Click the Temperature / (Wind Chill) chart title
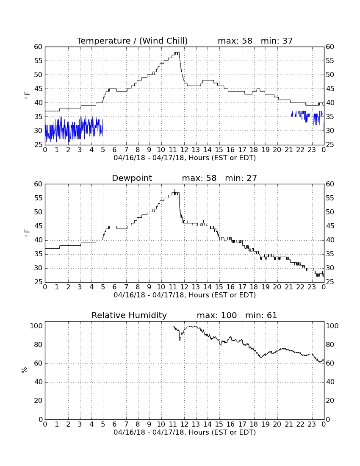(x=132, y=41)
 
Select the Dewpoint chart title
(x=132, y=178)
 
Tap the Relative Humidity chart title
(x=129, y=315)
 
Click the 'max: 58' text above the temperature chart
(x=235, y=41)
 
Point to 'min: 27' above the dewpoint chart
(x=241, y=178)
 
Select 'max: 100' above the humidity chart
(x=217, y=315)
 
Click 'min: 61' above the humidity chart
(x=261, y=315)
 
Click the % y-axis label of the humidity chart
(x=25, y=370)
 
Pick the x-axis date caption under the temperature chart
(x=185, y=158)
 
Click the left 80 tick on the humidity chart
(x=39, y=345)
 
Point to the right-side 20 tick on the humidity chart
(x=330, y=401)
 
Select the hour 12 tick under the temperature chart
(x=184, y=150)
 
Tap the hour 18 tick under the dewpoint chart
(x=254, y=287)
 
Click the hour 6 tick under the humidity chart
(x=115, y=424)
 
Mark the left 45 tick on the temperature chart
(x=39, y=89)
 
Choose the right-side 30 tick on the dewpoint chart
(x=330, y=268)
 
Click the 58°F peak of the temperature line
(x=177, y=52)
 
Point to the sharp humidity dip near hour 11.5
(x=180, y=340)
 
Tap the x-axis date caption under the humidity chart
(x=185, y=433)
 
